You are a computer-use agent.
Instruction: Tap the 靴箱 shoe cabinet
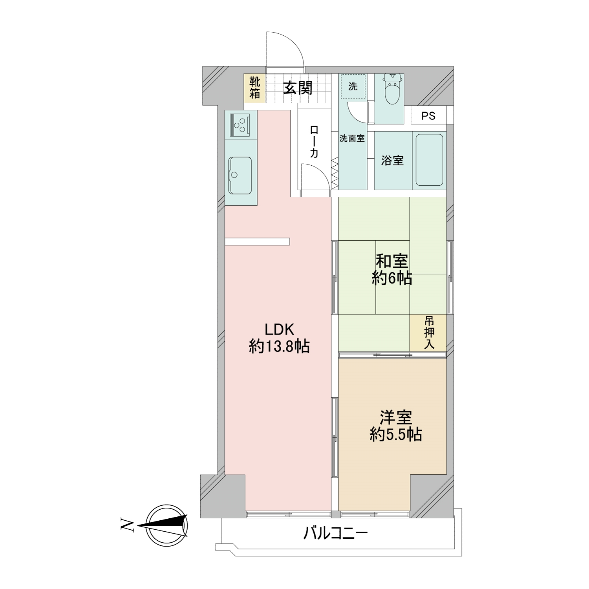[x=254, y=88]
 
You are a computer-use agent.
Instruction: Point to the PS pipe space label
[x=428, y=116]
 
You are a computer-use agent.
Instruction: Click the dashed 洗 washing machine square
[x=353, y=86]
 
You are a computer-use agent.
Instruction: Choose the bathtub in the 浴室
[x=429, y=160]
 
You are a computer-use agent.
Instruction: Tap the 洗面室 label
[x=352, y=138]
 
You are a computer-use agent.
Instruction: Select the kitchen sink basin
[x=240, y=176]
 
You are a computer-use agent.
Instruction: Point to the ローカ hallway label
[x=314, y=141]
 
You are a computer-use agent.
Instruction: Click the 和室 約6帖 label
[x=392, y=269]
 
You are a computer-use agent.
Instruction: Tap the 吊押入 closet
[x=428, y=333]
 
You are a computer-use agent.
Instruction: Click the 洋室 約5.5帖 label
[x=395, y=426]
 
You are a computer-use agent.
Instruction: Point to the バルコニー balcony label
[x=335, y=533]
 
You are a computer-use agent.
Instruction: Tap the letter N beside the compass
[x=126, y=525]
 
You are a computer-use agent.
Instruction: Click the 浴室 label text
[x=392, y=160]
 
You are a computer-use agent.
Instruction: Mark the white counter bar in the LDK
[x=258, y=241]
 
